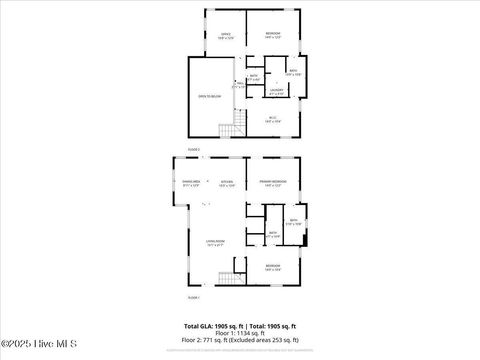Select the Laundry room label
277,91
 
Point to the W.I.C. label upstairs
273,119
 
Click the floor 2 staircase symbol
239,125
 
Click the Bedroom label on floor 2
272,35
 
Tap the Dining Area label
191,183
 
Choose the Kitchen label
226,183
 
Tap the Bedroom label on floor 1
272,267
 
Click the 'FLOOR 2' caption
194,149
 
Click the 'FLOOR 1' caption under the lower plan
194,298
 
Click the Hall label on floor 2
237,86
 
